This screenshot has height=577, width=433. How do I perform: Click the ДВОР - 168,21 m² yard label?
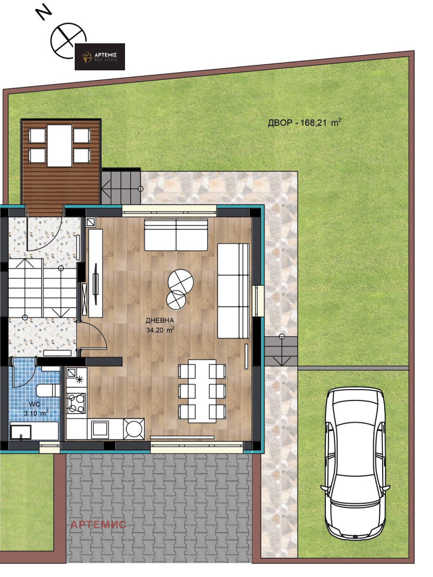point(304,122)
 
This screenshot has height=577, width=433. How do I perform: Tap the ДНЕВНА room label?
point(159,320)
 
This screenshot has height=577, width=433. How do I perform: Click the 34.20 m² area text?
point(160,330)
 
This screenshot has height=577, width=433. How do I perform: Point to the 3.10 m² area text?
point(36,413)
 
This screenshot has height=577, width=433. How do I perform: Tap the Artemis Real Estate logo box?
point(100,57)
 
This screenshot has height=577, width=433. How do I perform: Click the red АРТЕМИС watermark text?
point(98,524)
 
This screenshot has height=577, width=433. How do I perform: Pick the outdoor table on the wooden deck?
point(59,146)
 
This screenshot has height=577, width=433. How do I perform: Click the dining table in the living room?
point(202,391)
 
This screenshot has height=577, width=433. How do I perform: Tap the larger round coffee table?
point(181,281)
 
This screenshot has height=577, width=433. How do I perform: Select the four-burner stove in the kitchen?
point(76,403)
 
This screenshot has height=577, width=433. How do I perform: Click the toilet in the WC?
point(48,390)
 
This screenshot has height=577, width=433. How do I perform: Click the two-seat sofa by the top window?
point(176,235)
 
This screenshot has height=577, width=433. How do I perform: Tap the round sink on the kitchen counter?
point(134,428)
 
